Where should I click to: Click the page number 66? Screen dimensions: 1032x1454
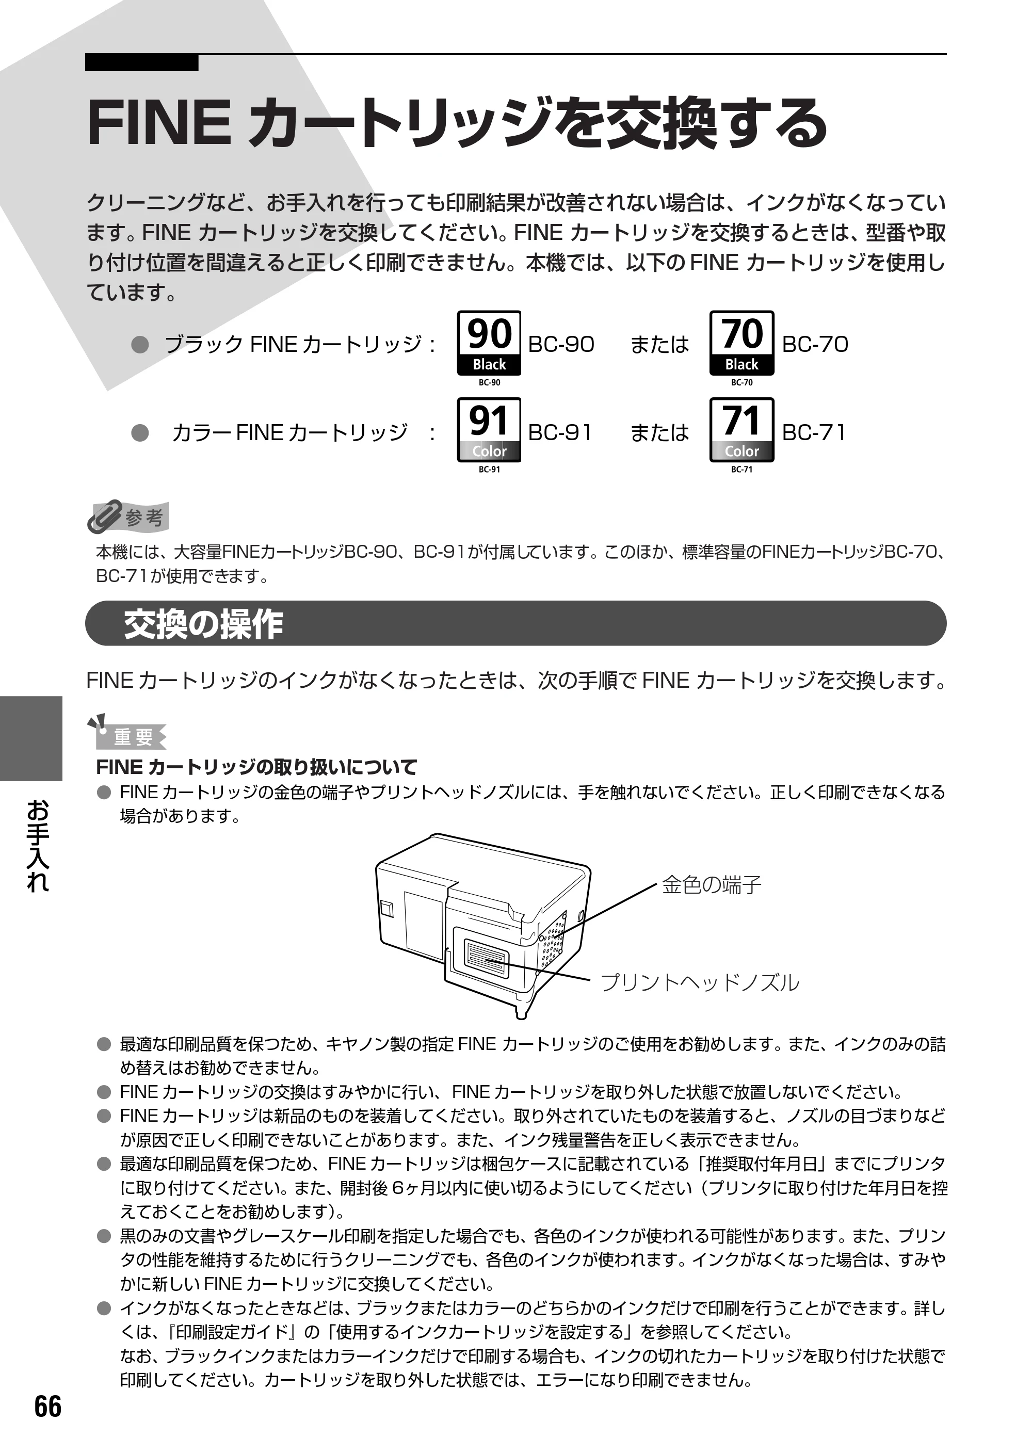[49, 1407]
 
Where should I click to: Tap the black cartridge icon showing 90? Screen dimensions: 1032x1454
[489, 343]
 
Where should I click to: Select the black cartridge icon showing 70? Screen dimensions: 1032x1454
[741, 343]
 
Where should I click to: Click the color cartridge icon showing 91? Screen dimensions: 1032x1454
[489, 430]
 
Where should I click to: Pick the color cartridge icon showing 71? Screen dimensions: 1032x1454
[741, 430]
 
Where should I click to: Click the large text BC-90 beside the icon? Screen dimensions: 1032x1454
[561, 345]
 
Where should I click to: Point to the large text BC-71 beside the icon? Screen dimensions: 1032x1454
[813, 433]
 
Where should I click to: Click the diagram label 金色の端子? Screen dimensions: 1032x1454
[711, 884]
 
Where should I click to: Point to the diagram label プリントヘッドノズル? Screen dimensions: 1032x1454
[700, 982]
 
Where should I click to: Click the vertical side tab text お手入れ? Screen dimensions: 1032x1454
[38, 846]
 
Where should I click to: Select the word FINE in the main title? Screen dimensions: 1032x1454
[159, 123]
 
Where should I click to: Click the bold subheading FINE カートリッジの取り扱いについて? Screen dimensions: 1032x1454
[256, 767]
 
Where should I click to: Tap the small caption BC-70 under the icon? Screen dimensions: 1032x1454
[741, 382]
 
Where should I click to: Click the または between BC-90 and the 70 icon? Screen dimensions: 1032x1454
[659, 345]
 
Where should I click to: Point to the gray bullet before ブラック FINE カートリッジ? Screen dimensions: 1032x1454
[140, 345]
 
